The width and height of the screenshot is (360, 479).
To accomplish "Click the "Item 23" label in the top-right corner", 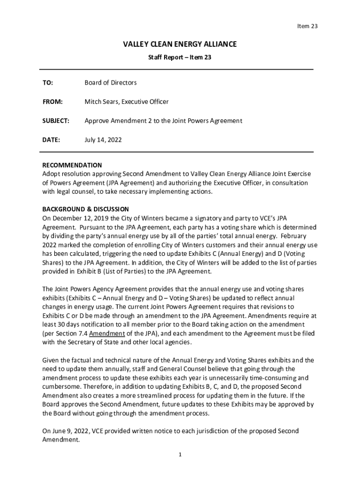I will tap(307, 26).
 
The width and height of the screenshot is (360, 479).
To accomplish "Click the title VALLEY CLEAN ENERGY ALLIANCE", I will tap(180, 44).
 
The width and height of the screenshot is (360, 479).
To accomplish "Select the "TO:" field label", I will tap(48, 83).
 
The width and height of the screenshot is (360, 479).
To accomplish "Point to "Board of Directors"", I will tap(110, 83).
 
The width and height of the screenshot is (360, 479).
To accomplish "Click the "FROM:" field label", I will tap(52, 102).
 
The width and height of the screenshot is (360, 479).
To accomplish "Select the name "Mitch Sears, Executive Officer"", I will tap(126, 102).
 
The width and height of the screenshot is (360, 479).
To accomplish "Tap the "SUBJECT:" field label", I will tap(56, 121).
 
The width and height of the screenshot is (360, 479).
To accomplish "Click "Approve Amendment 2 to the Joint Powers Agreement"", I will tap(163, 121).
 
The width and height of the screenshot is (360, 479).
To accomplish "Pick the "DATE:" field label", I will tap(51, 139).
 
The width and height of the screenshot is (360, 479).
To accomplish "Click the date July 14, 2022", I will tap(103, 139).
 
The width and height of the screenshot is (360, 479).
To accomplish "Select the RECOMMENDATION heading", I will tap(72, 165).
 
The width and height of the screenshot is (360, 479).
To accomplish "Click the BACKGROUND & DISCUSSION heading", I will tap(86, 209).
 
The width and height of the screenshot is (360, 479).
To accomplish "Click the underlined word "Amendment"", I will tap(107, 334).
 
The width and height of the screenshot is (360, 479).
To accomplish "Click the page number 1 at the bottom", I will tap(180, 455).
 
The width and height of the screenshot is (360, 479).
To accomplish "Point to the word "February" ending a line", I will tap(295, 236).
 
